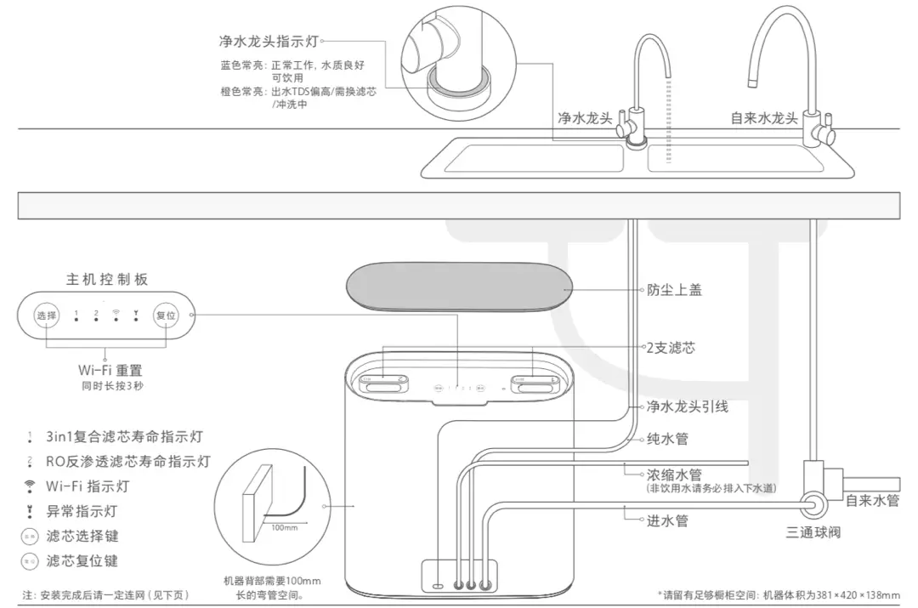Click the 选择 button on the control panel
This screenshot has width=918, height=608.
(46, 315)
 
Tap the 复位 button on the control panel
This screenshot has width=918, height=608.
(165, 315)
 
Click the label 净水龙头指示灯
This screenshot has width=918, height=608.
(268, 41)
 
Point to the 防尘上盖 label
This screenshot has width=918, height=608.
(674, 290)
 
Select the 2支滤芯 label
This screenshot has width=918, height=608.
(671, 349)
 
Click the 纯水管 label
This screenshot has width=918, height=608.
(667, 439)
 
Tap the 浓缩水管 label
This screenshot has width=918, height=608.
(668, 474)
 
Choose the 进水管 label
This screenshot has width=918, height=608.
(667, 520)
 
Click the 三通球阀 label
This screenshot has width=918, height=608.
(813, 533)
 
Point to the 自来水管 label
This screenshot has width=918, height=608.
(872, 501)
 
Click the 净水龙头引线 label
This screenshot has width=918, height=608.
(687, 406)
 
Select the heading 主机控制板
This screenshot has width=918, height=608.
(107, 280)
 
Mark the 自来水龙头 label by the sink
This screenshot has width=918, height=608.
(764, 117)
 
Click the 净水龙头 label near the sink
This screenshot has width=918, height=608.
(585, 117)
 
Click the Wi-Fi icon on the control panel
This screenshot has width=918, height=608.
(116, 314)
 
